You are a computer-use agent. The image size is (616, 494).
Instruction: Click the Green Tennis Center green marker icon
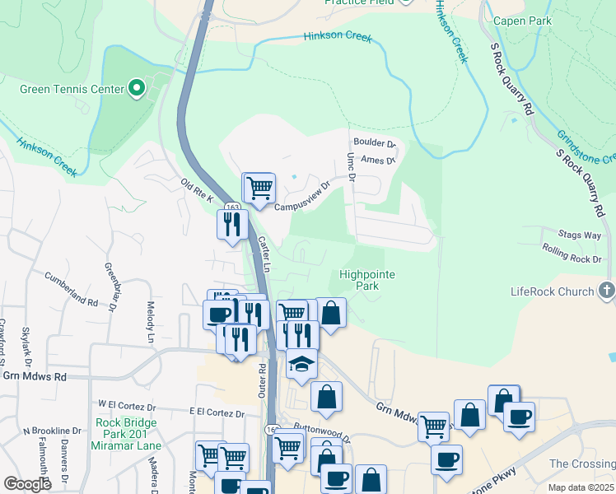pyautogui.click(x=137, y=88)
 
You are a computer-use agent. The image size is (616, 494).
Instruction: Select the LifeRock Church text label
pyautogui.click(x=552, y=291)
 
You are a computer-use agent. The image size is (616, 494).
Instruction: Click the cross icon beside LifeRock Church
pyautogui.click(x=607, y=290)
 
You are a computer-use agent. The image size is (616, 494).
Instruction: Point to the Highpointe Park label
pyautogui.click(x=367, y=280)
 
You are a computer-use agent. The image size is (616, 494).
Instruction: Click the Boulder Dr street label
pyautogui.click(x=375, y=142)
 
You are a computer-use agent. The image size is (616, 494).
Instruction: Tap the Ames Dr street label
pyautogui.click(x=378, y=160)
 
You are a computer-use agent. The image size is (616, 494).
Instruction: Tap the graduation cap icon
pyautogui.click(x=301, y=364)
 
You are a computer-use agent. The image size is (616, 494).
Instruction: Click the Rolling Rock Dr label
pyautogui.click(x=572, y=259)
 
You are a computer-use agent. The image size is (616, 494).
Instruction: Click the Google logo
pyautogui.click(x=28, y=484)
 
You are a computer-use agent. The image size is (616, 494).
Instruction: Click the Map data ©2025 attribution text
pyautogui.click(x=581, y=487)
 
